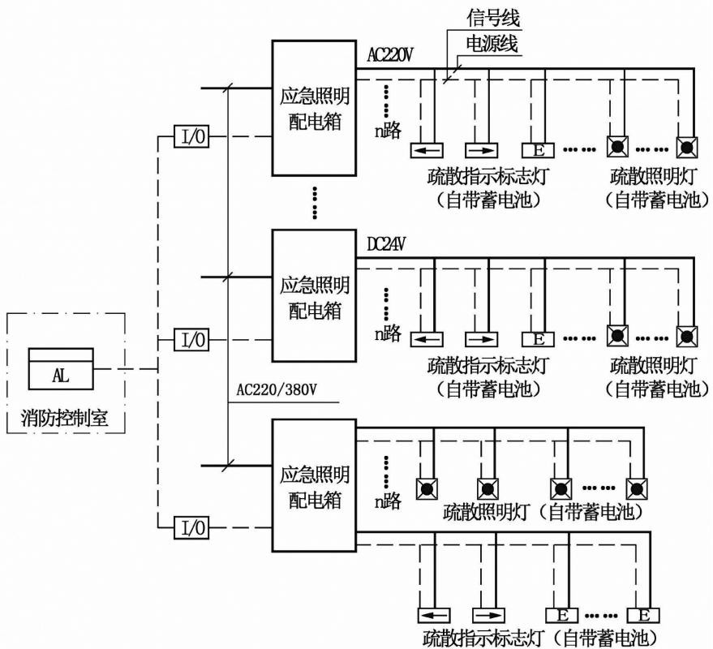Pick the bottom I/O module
[x=191, y=528]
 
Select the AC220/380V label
[x=276, y=390]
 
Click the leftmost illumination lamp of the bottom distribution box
[x=427, y=488]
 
